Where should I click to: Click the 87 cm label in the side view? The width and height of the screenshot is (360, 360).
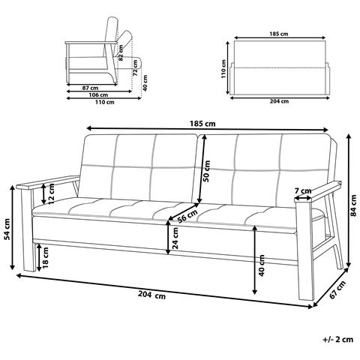point(90,88)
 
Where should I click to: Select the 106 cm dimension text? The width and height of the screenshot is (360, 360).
point(99,95)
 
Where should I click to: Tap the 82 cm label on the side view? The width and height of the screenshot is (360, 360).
point(121,52)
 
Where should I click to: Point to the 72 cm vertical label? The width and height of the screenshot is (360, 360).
point(135,67)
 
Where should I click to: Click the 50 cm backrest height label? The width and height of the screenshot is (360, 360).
point(206,171)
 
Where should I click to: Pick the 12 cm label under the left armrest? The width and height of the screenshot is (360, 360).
point(51,194)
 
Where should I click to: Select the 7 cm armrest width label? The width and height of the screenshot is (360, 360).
point(303,191)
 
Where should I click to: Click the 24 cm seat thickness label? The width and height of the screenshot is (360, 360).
point(175,238)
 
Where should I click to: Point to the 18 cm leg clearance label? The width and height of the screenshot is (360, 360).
point(46,257)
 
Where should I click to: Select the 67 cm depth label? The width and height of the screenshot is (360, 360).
point(337,289)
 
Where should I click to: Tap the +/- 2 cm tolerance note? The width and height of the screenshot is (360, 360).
point(338,339)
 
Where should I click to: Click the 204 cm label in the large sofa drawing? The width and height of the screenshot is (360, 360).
point(151,295)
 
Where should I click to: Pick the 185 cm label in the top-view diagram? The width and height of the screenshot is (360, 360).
point(279,34)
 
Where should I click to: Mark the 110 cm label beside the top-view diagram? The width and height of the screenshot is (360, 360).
point(223,69)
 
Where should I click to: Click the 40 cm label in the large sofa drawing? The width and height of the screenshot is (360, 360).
point(262,265)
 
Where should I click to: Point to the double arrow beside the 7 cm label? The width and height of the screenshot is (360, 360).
point(303,199)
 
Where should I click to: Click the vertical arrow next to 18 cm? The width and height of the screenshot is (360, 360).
point(39,257)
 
